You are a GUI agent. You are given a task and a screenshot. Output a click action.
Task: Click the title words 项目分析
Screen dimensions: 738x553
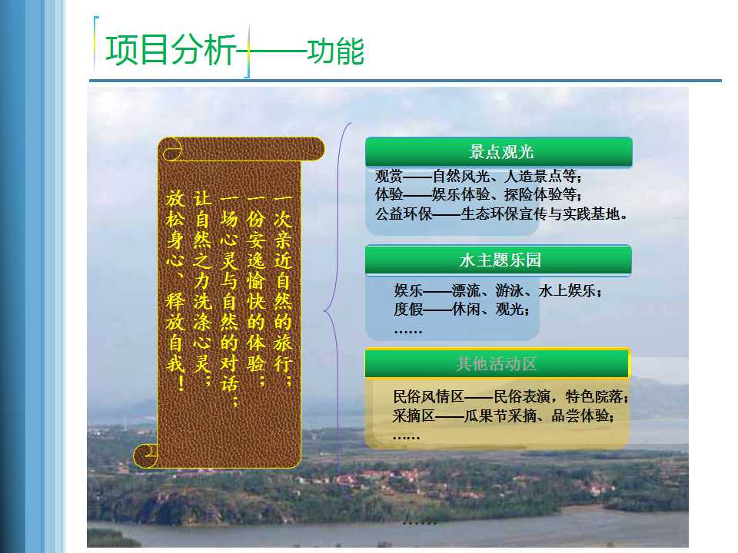[171, 50]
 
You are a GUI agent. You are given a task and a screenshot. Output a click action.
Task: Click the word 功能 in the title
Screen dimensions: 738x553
[336, 51]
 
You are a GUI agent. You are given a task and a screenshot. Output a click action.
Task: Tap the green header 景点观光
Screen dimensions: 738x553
[500, 152]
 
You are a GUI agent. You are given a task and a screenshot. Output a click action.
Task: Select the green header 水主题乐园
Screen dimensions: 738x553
[500, 260]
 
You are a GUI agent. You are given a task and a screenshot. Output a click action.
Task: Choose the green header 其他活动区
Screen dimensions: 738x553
[496, 364]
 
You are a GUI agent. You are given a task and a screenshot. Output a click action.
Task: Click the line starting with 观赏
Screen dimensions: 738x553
[478, 177]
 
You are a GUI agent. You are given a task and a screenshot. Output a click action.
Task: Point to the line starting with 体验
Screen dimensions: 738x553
[478, 194]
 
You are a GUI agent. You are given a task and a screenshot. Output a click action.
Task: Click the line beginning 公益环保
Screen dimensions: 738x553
[501, 214]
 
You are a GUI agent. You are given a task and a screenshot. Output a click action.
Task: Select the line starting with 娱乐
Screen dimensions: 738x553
[498, 290]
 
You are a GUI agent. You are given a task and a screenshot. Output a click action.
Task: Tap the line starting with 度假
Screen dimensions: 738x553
[462, 309]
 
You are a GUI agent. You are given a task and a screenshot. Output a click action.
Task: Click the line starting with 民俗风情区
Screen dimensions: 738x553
[510, 396]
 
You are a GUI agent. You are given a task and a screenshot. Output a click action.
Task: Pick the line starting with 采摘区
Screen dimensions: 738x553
[503, 416]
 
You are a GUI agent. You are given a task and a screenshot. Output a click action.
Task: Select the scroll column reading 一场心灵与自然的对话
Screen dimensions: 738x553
[229, 300]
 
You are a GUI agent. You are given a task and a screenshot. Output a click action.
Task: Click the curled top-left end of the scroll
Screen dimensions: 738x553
[171, 149]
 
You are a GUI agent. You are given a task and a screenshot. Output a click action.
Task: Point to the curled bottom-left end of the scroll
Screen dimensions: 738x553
[145, 455]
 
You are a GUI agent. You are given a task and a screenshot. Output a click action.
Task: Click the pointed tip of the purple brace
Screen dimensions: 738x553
[324, 310]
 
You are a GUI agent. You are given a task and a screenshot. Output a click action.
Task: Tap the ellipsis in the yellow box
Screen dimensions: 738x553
[406, 438]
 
